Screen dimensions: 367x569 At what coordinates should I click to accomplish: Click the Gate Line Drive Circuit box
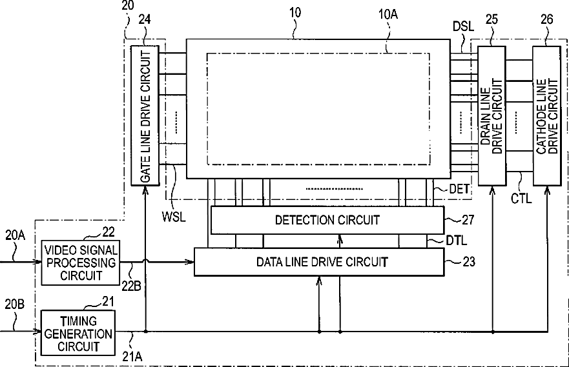point(146,115)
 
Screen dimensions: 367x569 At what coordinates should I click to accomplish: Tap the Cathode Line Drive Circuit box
point(546,115)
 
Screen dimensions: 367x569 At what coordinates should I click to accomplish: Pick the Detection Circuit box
point(327,220)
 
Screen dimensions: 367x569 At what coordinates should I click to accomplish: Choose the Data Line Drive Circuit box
point(319,262)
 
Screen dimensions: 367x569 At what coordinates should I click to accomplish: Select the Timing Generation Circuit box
point(78,332)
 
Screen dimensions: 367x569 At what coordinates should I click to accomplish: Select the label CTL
point(521,198)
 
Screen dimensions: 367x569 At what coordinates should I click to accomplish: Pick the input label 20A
point(14,235)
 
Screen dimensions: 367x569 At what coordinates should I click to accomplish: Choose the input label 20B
point(14,303)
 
